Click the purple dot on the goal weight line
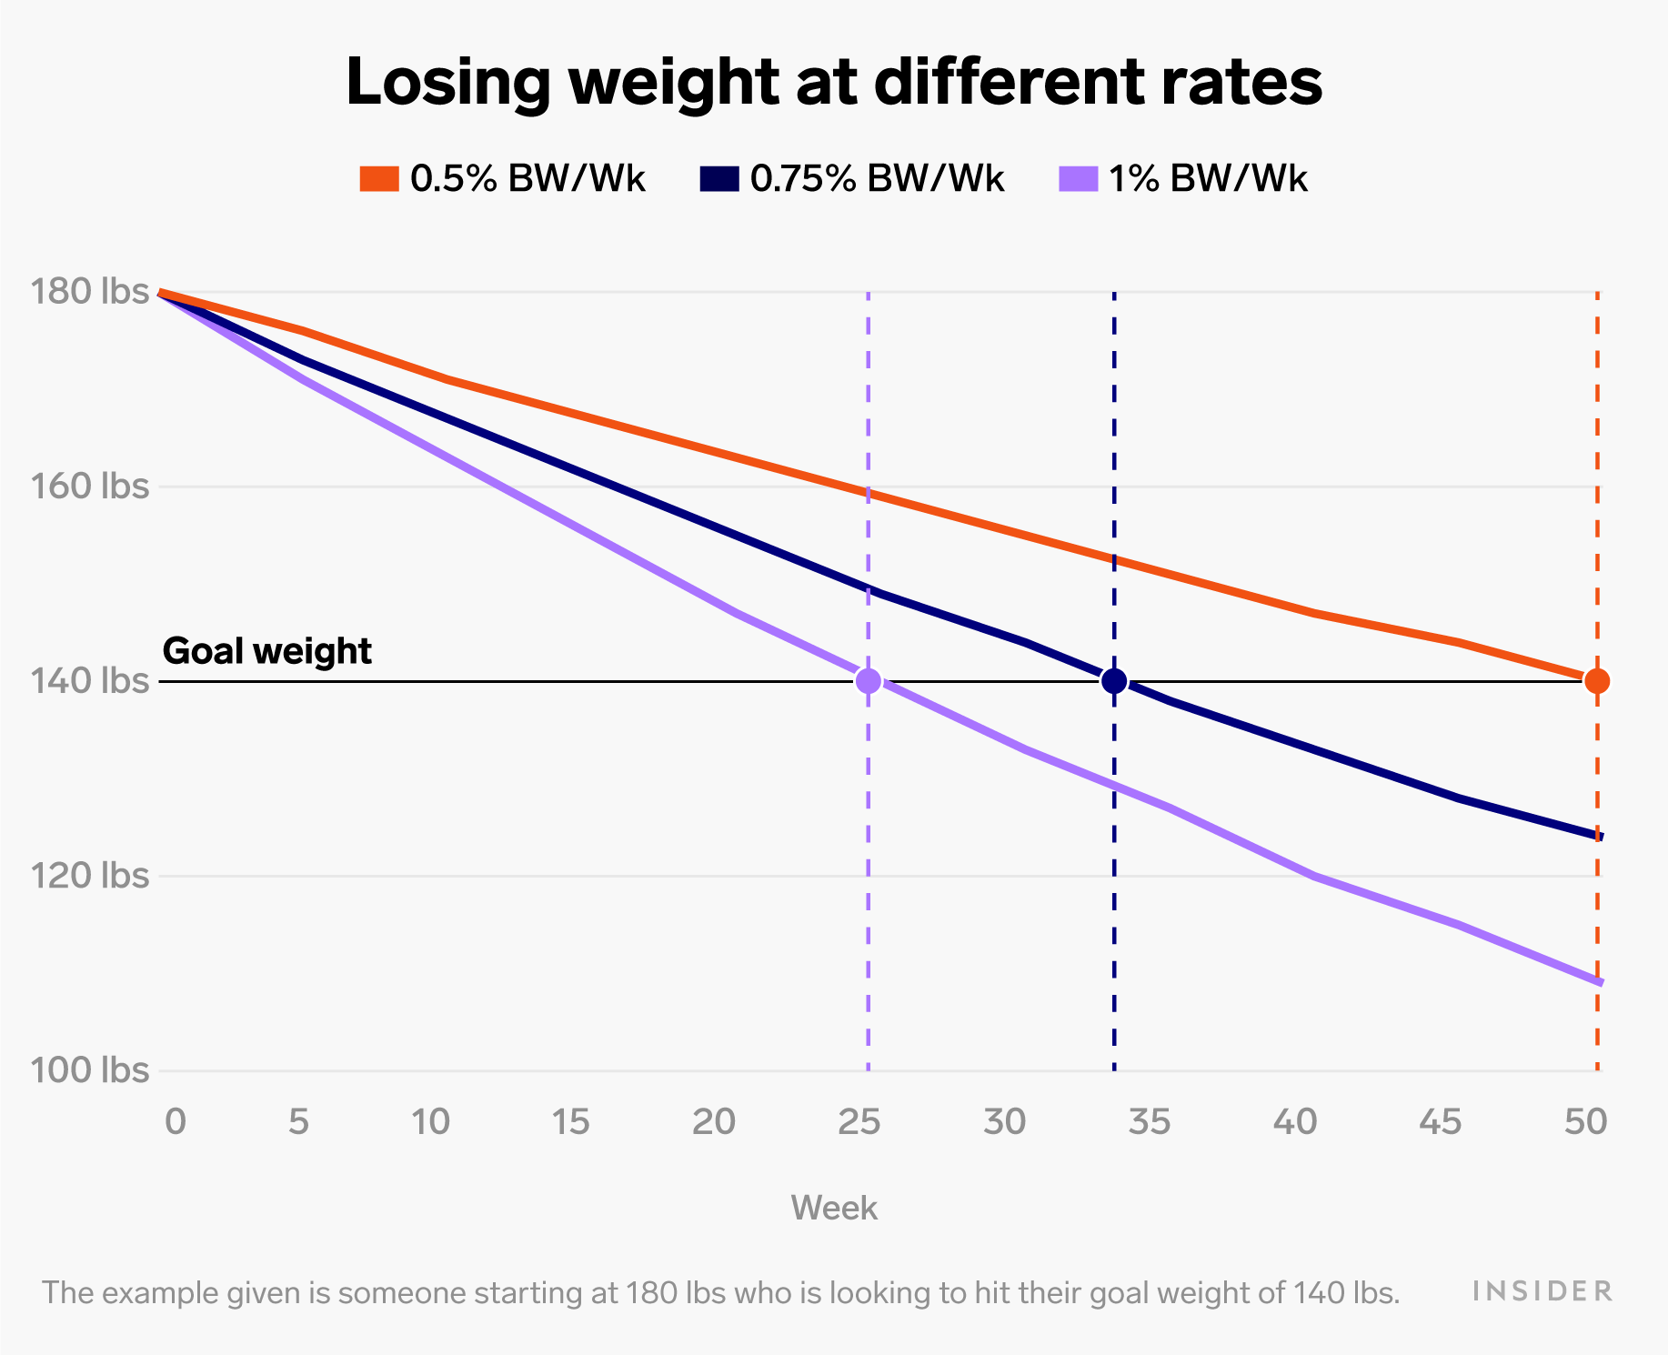869,680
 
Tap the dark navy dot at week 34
1114,680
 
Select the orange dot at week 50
1597,680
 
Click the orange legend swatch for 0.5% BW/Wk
379,179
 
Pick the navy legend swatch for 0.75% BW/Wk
718,179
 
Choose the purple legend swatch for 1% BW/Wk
1079,179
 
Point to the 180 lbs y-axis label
90,292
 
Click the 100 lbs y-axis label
90,1069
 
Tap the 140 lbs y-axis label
90,680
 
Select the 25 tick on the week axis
859,1123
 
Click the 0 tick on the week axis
176,1123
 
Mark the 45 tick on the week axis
1442,1123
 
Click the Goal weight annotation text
266,651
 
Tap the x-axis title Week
834,1209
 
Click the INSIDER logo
1542,1291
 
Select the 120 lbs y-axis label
90,875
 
